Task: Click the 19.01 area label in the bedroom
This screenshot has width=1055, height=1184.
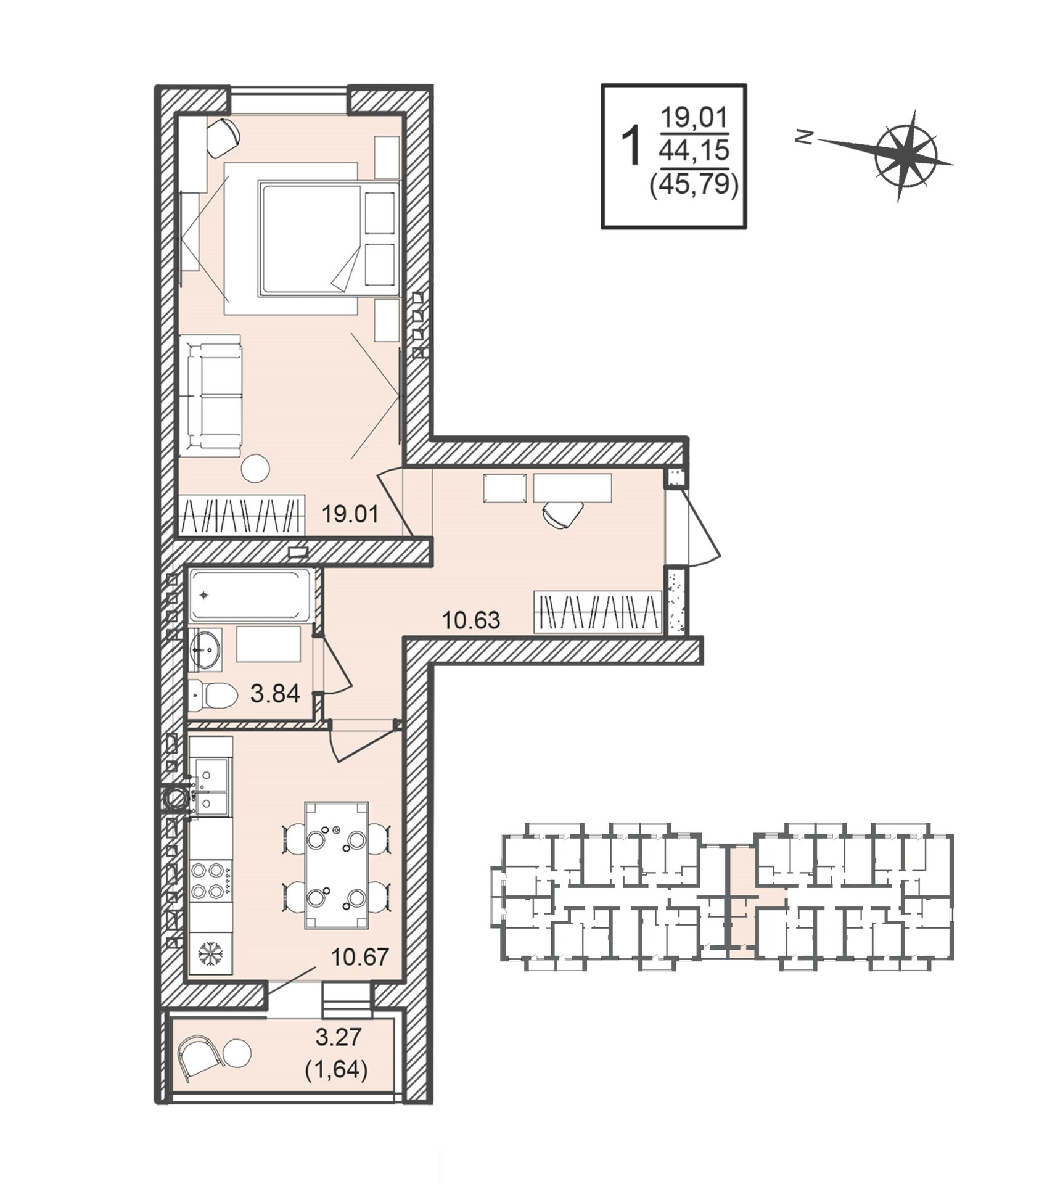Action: pyautogui.click(x=350, y=513)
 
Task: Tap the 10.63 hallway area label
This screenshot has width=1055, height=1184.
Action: pyautogui.click(x=471, y=619)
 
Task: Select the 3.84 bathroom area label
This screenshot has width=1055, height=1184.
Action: pyautogui.click(x=275, y=694)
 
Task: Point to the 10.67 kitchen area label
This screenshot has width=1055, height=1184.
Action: pyautogui.click(x=360, y=957)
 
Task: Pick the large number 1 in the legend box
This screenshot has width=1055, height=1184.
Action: pyautogui.click(x=631, y=146)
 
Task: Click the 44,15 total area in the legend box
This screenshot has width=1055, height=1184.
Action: pyautogui.click(x=694, y=150)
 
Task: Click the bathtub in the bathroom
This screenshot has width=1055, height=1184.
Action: pyautogui.click(x=251, y=595)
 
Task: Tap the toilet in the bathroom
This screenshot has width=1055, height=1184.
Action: pyautogui.click(x=212, y=696)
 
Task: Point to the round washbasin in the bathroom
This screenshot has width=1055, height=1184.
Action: pyautogui.click(x=205, y=649)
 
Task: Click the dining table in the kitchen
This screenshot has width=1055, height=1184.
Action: pyautogui.click(x=337, y=865)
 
